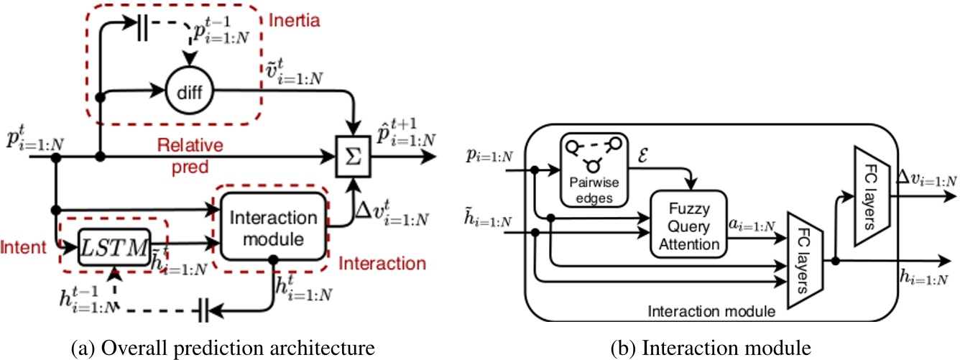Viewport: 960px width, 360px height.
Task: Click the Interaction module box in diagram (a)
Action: click(272, 227)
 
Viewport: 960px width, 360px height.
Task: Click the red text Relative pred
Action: click(190, 156)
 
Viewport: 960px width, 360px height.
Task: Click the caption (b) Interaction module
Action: click(711, 348)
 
